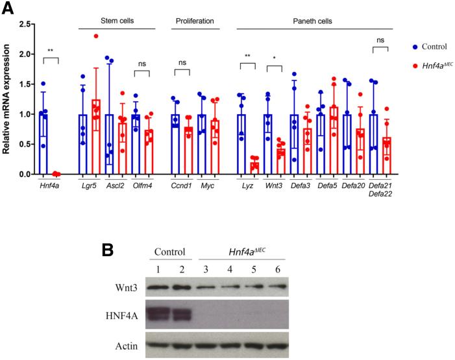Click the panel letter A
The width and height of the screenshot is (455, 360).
pos(8,8)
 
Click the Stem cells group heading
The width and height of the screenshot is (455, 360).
pos(117,21)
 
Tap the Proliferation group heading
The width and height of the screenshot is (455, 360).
pos(195,21)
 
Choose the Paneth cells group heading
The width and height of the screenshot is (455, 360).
pos(314,21)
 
